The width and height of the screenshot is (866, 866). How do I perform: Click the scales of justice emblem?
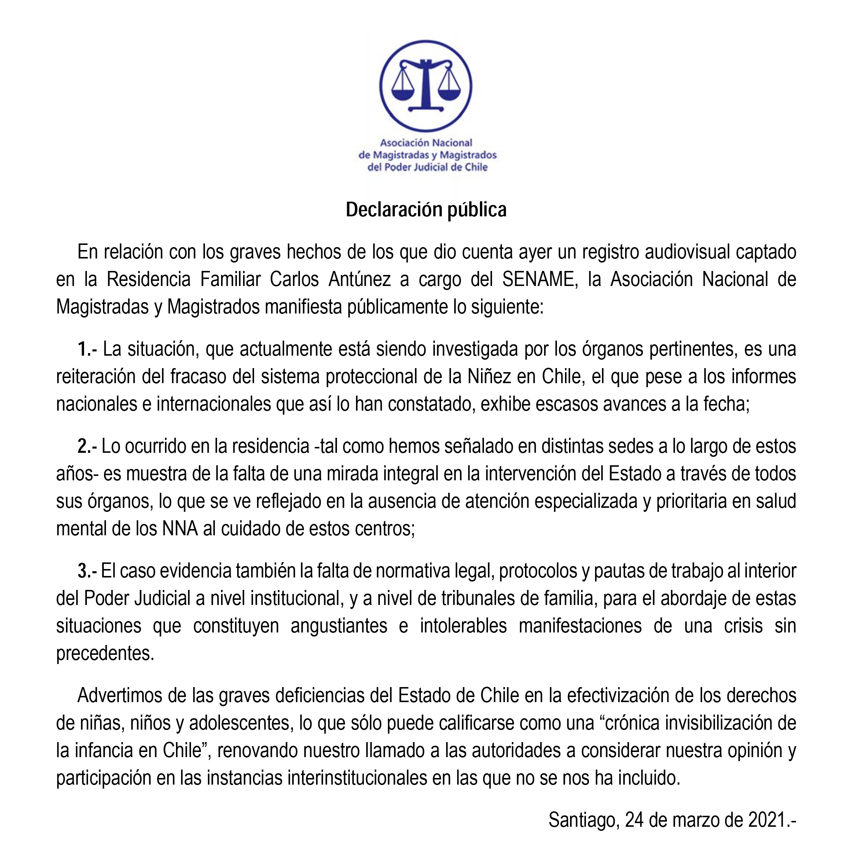point(425,87)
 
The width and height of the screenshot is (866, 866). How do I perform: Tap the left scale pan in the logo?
point(403,93)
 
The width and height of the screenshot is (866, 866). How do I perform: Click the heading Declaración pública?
point(426,210)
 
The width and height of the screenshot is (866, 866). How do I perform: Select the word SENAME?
point(537,280)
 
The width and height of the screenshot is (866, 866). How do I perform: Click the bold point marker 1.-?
point(87,349)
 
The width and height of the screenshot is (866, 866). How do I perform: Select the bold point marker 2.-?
point(87,447)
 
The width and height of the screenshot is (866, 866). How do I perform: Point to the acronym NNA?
point(180,529)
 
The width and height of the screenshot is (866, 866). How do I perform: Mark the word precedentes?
point(105,654)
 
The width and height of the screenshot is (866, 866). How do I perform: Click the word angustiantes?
point(339,626)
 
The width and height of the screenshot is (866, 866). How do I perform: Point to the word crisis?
point(743,626)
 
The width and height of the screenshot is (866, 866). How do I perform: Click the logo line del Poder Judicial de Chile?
point(427,167)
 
